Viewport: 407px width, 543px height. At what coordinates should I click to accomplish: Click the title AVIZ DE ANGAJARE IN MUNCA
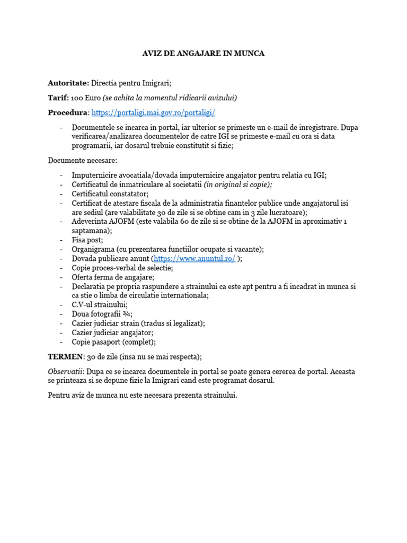point(203,54)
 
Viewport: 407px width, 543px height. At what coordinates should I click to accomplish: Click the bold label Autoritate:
point(68,83)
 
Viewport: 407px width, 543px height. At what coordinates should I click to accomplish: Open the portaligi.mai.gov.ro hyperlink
point(153,113)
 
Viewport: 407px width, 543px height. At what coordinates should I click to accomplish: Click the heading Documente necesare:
point(83,160)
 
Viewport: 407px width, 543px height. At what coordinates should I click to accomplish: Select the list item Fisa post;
point(87,240)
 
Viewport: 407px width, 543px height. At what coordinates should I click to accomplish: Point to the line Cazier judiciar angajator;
point(112,332)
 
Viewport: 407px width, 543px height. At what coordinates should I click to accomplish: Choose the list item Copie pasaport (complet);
point(113,342)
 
